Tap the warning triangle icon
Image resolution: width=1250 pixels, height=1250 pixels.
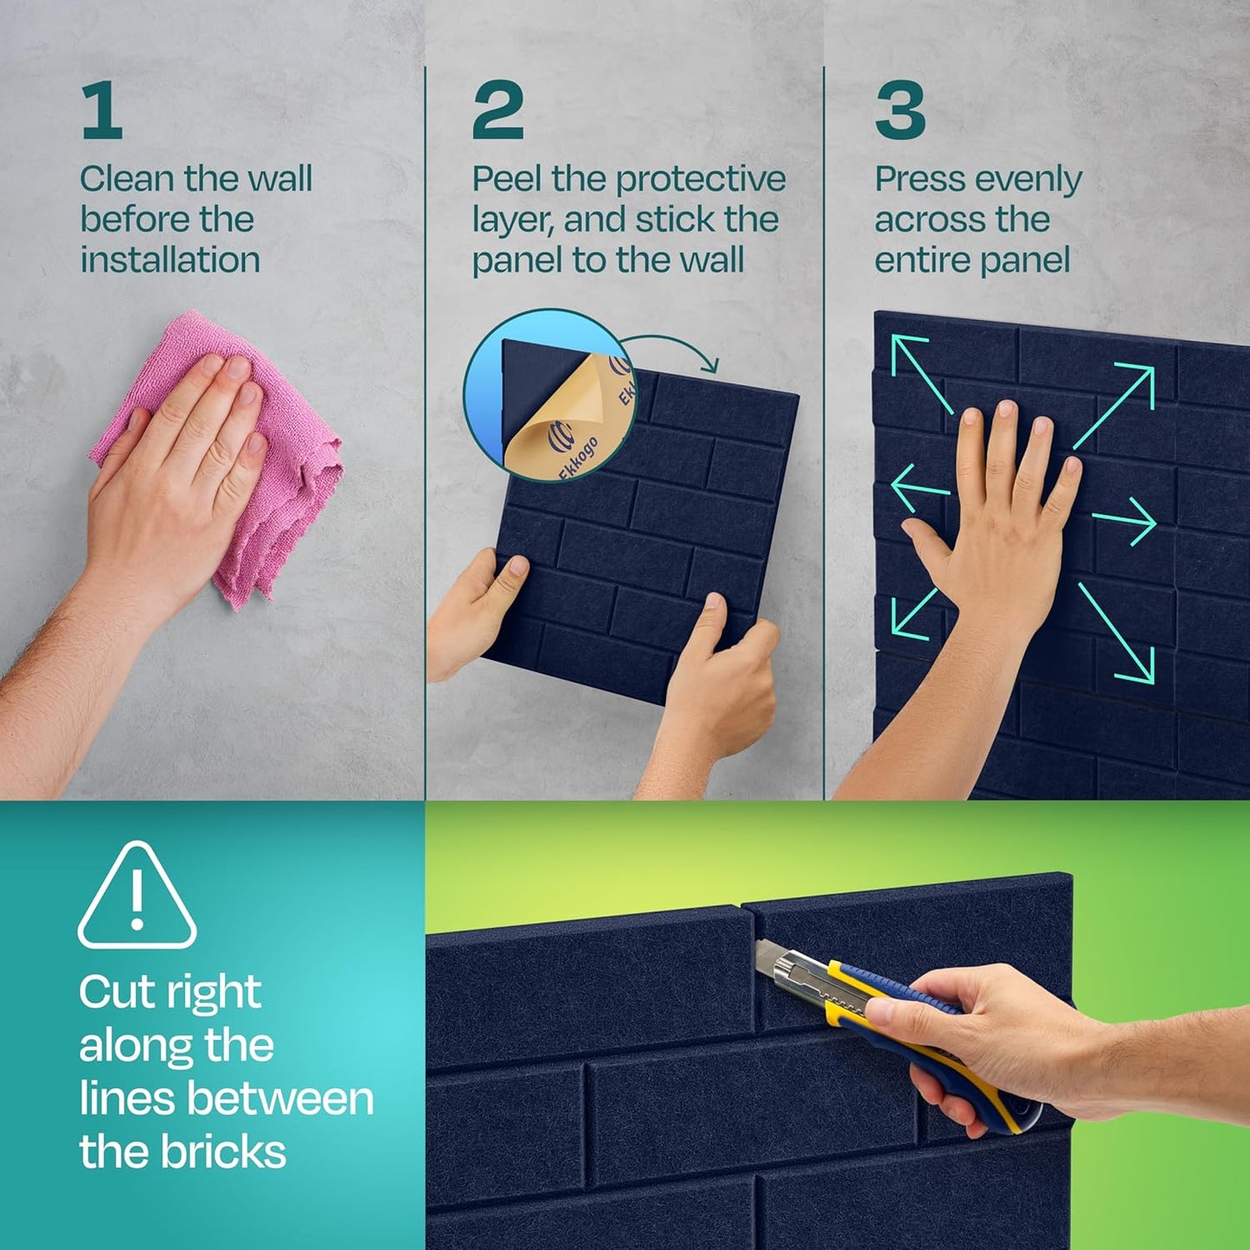coord(137,897)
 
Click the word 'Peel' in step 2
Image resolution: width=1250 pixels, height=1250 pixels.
coord(507,179)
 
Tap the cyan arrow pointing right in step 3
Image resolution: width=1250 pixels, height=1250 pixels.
coord(1125,521)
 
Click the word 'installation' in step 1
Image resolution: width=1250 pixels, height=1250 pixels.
coord(170,260)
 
